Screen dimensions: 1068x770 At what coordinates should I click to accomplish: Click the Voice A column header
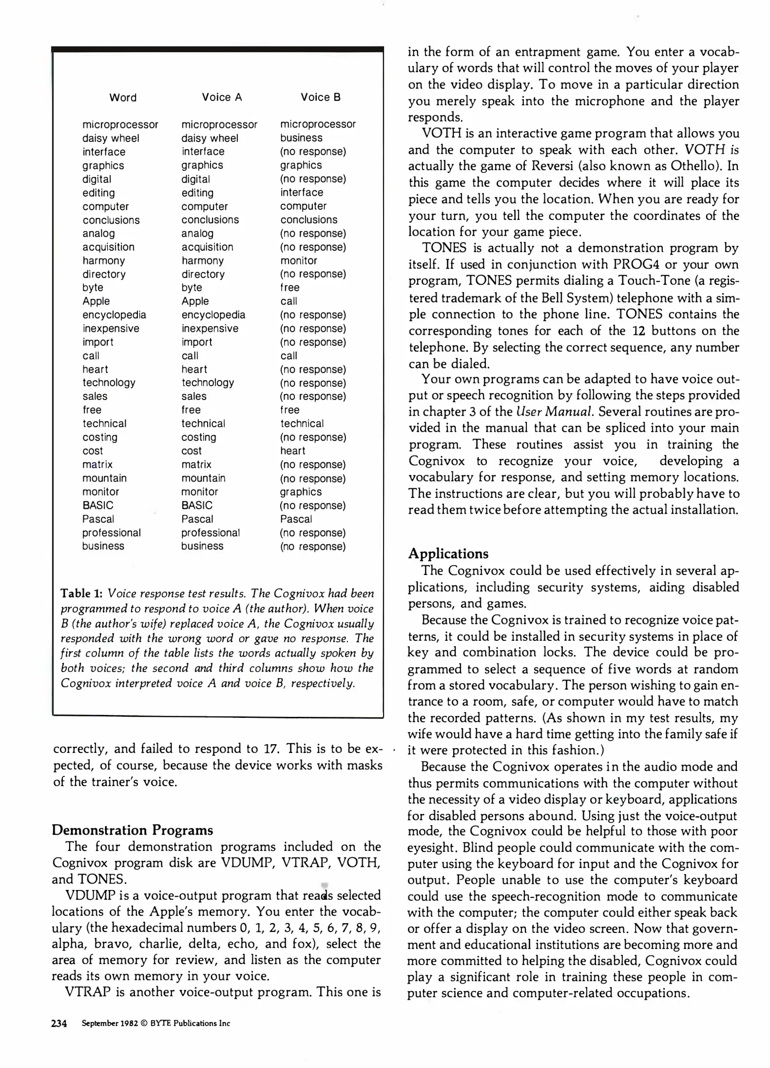221,97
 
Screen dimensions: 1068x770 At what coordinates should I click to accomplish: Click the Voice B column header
320,97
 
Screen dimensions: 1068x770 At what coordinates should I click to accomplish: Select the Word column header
123,98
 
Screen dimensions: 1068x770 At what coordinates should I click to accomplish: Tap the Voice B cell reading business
301,138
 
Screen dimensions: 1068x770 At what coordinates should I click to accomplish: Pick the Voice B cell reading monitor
299,261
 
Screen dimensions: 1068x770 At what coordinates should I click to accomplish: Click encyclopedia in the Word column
114,315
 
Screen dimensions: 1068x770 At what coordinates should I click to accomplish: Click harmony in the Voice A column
202,261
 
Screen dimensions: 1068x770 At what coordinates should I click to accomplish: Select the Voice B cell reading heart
293,451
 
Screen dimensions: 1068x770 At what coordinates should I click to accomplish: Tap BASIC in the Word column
98,505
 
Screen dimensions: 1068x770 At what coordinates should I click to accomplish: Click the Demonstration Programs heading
132,830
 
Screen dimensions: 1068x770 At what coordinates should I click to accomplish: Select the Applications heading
448,554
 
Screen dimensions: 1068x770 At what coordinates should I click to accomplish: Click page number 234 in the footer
59,1023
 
